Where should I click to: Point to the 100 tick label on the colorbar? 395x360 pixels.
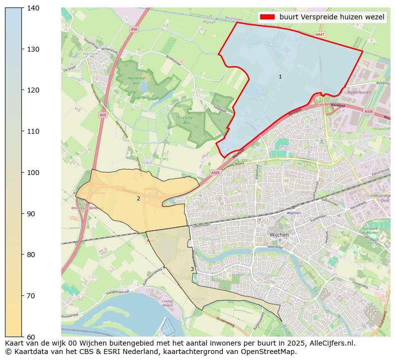pyautogui.click(x=33, y=173)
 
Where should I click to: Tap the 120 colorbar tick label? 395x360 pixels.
pyautogui.click(x=33, y=90)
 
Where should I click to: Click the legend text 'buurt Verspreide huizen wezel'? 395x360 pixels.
pyautogui.click(x=332, y=17)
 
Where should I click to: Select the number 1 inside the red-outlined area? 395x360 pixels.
pyautogui.click(x=280, y=77)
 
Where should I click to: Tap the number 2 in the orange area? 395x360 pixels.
pyautogui.click(x=138, y=199)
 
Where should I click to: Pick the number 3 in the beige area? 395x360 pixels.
pyautogui.click(x=192, y=270)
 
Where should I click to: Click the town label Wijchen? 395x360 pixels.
pyautogui.click(x=279, y=235)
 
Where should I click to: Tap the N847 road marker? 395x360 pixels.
pyautogui.click(x=320, y=35)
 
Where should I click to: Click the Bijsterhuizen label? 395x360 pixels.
pyautogui.click(x=359, y=92)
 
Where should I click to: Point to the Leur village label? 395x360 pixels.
pyautogui.click(x=147, y=162)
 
